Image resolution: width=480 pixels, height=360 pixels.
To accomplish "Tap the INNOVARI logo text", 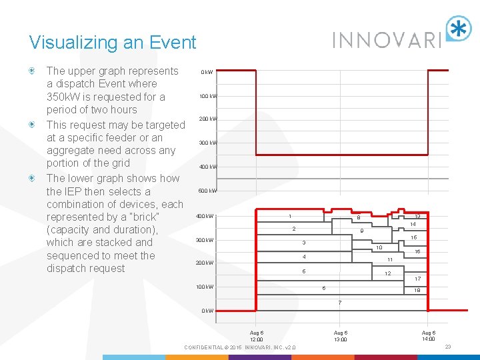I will (387, 39).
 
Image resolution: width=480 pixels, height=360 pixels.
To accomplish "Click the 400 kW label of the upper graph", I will (207, 167).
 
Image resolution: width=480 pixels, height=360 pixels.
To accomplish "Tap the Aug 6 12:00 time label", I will (256, 336).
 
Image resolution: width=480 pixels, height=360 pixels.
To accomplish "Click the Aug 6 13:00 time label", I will (340, 336).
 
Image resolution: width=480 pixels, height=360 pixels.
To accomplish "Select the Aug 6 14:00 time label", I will (428, 336).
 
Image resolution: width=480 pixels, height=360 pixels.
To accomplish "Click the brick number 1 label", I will (289, 216).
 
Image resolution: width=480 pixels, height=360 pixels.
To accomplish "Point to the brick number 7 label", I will (340, 303).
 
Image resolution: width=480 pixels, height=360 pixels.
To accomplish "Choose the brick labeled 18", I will (417, 291).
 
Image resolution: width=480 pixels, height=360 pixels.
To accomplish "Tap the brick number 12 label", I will (387, 274).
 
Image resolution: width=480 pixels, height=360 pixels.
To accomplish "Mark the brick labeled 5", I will (303, 271).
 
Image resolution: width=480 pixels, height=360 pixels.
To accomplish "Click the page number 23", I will (448, 347).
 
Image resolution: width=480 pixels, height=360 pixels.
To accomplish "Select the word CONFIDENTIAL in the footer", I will (205, 347).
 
